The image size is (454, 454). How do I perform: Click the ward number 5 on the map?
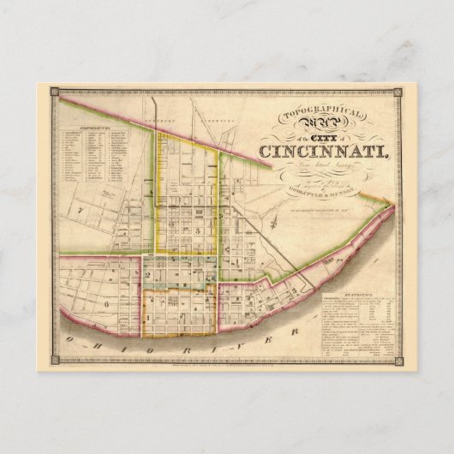pos(198,230)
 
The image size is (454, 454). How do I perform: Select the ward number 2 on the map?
pos(148,276)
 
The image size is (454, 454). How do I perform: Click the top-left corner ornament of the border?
pos(54,90)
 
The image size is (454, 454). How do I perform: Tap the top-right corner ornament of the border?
pos(400,90)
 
